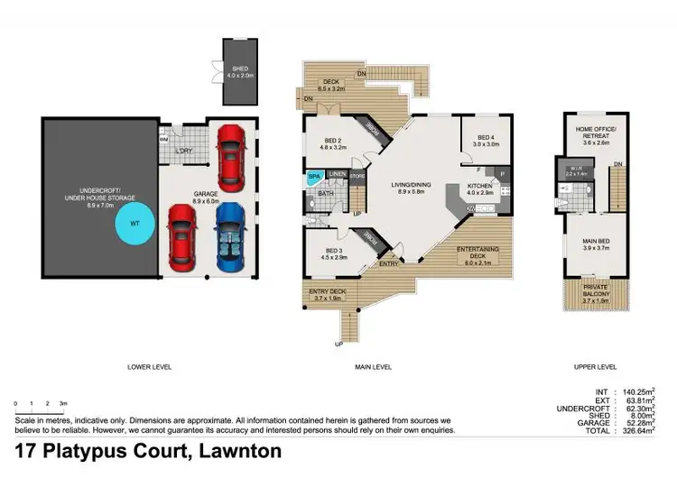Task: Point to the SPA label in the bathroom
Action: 314,178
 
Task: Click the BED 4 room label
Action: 474,139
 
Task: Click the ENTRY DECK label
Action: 327,292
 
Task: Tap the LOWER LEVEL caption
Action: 148,367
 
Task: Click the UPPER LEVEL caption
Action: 595,367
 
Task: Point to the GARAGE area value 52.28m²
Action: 645,423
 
